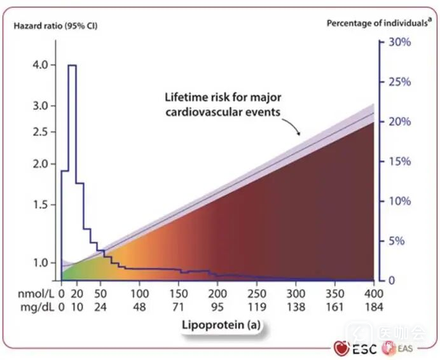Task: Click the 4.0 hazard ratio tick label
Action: click(x=38, y=65)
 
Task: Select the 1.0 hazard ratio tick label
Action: click(x=38, y=263)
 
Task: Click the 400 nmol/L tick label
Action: click(x=373, y=293)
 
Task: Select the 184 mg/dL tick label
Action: click(x=373, y=306)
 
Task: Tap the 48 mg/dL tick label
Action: click(x=139, y=306)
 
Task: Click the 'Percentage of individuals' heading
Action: click(x=376, y=23)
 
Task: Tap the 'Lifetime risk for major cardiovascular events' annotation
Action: click(x=223, y=104)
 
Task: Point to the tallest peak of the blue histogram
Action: click(x=72, y=66)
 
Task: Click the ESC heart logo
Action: click(x=341, y=348)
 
